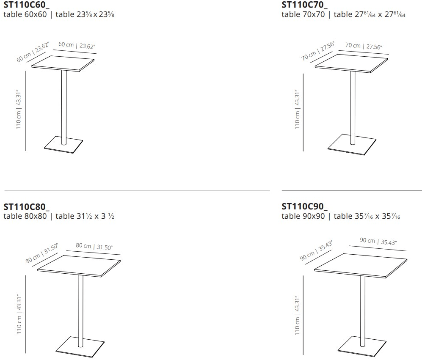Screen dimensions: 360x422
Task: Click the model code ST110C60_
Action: coord(26,5)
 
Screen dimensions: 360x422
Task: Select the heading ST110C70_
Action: coord(304,5)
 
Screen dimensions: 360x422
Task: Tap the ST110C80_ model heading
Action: coord(26,207)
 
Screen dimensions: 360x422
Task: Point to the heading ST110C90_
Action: coord(304,207)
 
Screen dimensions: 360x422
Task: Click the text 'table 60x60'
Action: coord(25,14)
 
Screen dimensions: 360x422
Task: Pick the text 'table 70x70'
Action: coord(303,15)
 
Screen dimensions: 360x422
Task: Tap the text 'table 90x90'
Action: coord(303,217)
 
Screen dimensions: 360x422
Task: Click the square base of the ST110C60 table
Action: coord(63,146)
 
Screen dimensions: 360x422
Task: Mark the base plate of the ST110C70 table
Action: coord(352,146)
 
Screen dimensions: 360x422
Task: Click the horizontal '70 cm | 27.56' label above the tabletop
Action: coord(364,46)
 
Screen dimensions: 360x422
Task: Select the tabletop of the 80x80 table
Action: coord(80,266)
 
